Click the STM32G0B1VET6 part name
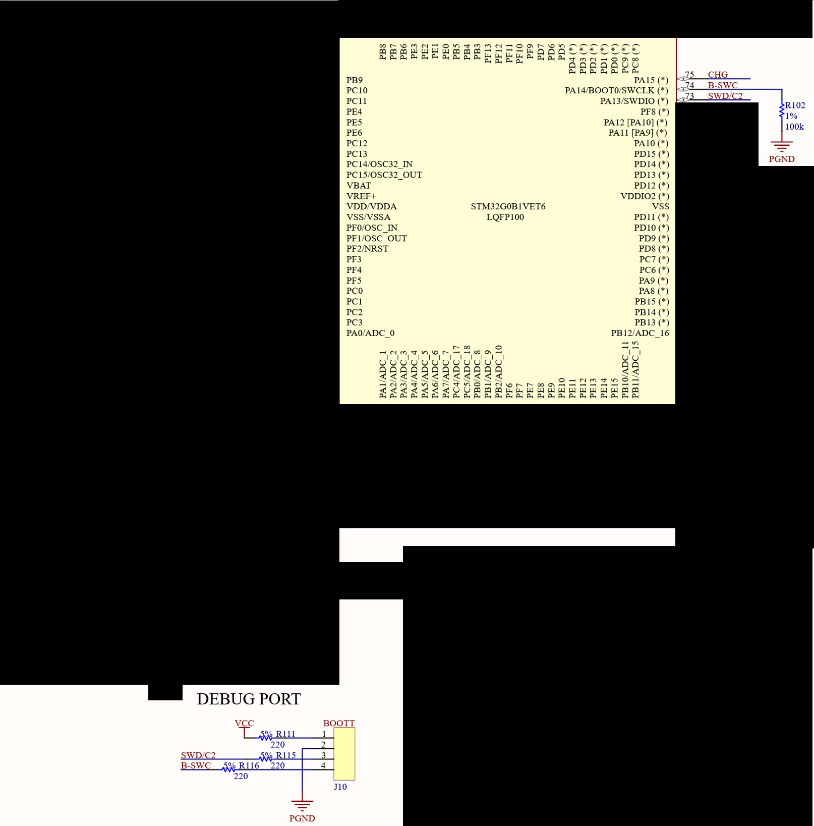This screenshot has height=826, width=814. tap(508, 206)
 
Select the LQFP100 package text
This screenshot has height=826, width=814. tap(505, 217)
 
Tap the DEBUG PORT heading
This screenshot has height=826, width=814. tap(249, 699)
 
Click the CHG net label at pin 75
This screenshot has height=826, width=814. tap(718, 75)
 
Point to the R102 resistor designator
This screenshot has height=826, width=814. tap(795, 105)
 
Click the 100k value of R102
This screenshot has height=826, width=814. tap(794, 127)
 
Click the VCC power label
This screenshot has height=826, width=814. tap(244, 723)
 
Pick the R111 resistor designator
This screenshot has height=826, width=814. tap(285, 734)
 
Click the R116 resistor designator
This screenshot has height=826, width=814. tap(249, 765)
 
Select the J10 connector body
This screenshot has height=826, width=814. tap(344, 754)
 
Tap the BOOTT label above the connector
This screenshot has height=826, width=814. tap(339, 723)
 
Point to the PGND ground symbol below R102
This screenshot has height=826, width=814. tap(782, 147)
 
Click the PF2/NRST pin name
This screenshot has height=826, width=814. tap(367, 249)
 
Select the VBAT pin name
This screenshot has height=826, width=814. tap(358, 186)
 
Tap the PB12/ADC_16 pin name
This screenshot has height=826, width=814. tap(640, 333)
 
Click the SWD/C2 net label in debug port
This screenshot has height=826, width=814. tap(198, 755)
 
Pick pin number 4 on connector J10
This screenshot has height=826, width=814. tap(323, 765)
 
